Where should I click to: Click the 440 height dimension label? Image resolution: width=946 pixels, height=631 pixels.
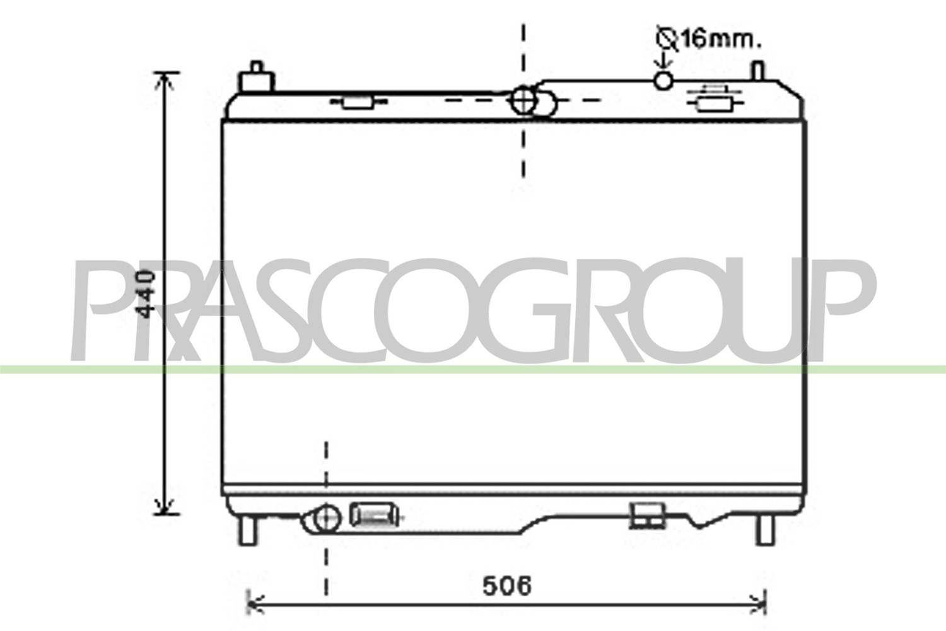(146, 295)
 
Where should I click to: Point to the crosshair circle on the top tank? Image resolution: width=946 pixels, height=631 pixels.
(523, 100)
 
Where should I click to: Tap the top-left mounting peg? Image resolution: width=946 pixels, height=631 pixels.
(256, 77)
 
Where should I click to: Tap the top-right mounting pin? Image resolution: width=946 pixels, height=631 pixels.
(758, 71)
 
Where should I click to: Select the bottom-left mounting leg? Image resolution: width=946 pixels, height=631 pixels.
(247, 531)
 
